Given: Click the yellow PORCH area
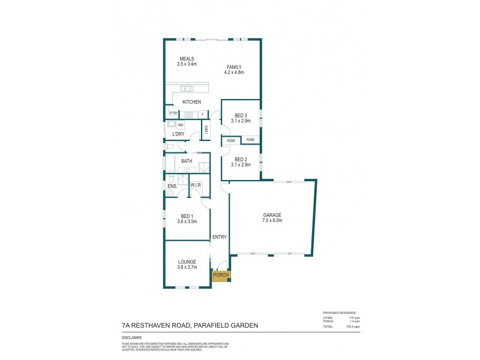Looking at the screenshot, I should coord(220,275).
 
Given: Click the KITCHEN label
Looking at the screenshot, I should coord(191,102).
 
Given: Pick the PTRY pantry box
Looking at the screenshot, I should coord(173,113).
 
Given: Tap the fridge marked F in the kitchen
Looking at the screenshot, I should coord(202,114).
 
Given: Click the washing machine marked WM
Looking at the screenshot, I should coord(179,125).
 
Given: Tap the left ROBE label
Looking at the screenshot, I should coord(230,140).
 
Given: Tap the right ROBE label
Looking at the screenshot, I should coord(250,140).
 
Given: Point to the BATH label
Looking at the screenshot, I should coord(187,161).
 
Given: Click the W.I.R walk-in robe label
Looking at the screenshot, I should coord(196,185).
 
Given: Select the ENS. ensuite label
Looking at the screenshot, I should coord(171,186).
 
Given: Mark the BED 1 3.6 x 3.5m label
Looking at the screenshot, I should coord(187,218).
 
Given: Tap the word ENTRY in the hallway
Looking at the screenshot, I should coord(219,237).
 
